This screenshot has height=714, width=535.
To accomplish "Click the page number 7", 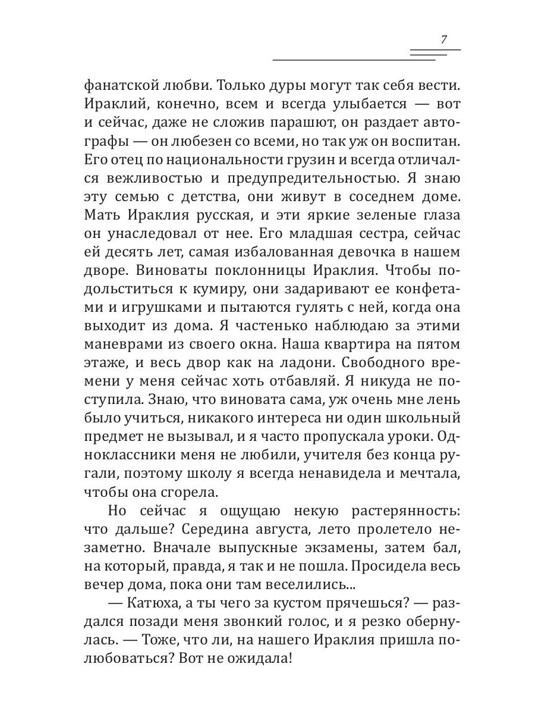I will (x=443, y=40).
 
